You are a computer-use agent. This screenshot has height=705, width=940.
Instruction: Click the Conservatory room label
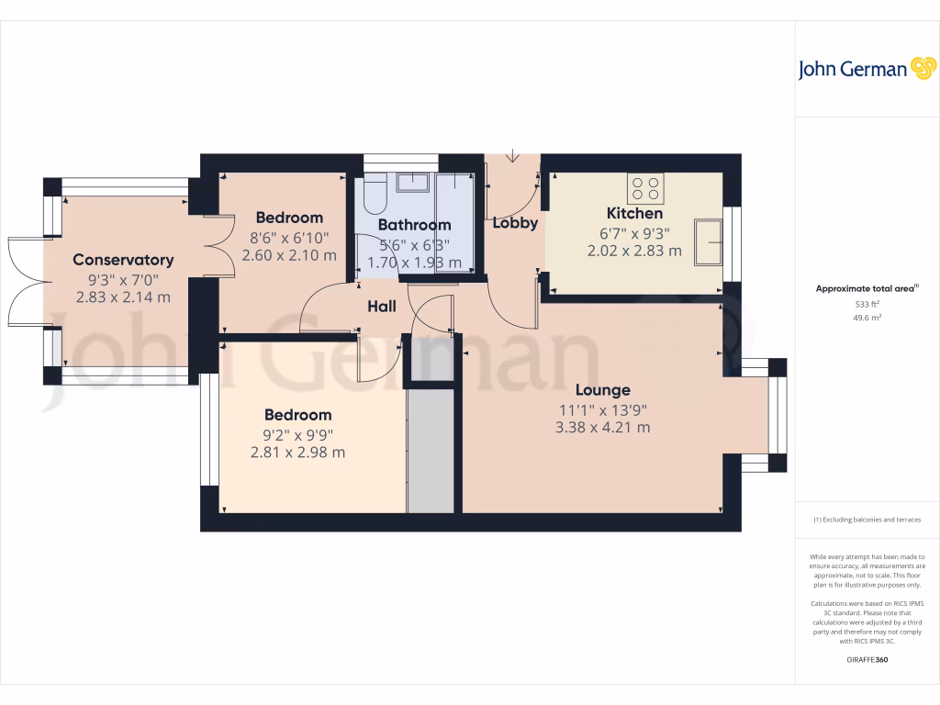point(123,260)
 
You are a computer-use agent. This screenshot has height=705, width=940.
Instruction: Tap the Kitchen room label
point(634,214)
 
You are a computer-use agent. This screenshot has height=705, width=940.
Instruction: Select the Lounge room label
point(603,390)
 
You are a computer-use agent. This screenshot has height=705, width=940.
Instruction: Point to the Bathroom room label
point(415,225)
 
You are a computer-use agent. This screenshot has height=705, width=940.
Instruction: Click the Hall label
point(382,306)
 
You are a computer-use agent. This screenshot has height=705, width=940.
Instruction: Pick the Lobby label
point(515,223)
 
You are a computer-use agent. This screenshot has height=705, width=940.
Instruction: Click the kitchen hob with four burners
point(645,189)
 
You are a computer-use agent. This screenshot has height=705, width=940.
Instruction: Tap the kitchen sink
point(708,241)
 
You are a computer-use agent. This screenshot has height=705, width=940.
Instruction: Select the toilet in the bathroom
point(375,196)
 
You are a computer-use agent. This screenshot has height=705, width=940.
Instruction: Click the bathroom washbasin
point(412,182)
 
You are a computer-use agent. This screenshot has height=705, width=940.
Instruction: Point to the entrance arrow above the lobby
point(512,156)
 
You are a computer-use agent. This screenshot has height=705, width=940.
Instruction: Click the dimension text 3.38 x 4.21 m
point(603,427)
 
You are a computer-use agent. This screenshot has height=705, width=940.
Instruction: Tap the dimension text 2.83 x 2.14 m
point(123,297)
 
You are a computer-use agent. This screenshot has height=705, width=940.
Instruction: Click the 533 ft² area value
point(867,304)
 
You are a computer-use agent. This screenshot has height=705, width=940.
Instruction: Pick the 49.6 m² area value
point(867,317)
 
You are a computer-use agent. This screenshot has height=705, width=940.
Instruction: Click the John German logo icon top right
point(922,69)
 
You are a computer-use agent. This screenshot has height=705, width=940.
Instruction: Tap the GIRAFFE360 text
point(867,660)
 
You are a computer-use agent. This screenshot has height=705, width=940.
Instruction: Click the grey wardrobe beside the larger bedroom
point(431,450)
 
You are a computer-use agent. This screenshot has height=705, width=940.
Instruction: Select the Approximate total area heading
point(867,288)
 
